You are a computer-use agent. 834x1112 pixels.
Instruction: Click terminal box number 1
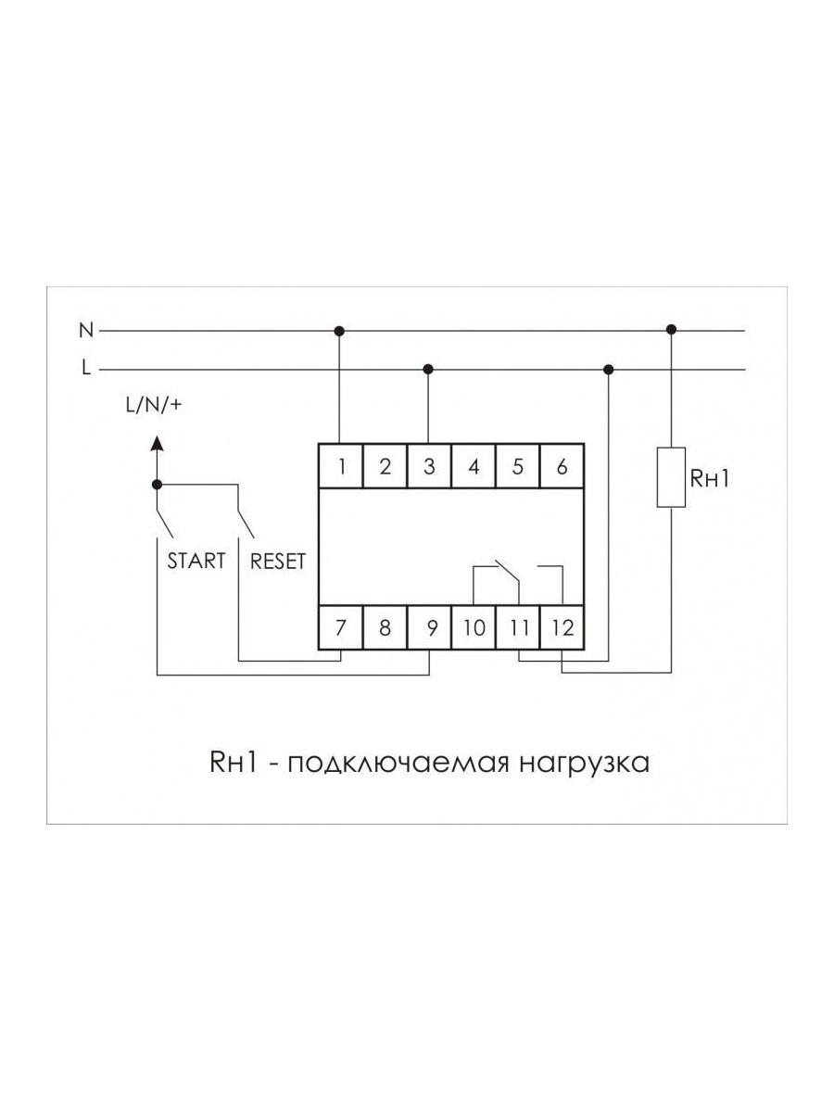pos(341,466)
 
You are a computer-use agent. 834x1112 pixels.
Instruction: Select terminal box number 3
pos(429,466)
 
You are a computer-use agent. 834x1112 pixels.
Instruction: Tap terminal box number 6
pos(562,466)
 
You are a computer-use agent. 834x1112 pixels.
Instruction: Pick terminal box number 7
pos(341,627)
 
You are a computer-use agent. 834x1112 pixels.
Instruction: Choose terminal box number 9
pos(429,627)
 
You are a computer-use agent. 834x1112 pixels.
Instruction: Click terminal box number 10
pos(474,627)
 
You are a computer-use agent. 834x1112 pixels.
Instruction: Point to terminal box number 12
pos(562,627)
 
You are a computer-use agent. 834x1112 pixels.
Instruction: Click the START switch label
pos(196,561)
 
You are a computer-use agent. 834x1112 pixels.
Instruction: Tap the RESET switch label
pos(278,561)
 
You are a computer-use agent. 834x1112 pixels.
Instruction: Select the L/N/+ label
pos(154,405)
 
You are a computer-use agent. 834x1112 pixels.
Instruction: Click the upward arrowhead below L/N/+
pos(158,443)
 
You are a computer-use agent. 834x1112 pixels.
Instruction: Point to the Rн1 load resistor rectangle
pos(671,476)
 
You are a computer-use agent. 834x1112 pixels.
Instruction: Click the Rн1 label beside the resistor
pos(710,478)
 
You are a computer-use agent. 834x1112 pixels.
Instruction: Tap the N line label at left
pos(86,330)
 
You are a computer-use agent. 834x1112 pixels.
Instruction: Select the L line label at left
pos(86,368)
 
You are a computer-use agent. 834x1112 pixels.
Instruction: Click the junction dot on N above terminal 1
pos(339,332)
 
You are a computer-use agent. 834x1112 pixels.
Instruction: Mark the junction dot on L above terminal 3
pos(428,370)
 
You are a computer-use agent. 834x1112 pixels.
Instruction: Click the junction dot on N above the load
pos(672,330)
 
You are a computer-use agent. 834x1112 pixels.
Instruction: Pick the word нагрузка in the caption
pos(584,776)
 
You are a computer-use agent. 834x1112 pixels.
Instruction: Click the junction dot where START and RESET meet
pos(157,485)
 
